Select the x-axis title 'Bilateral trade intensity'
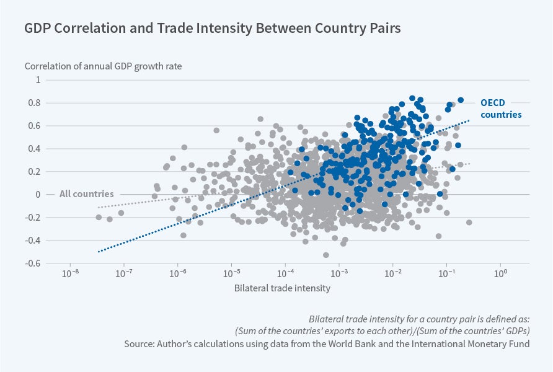282,288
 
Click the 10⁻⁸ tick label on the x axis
70,273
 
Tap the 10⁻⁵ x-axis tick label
231,273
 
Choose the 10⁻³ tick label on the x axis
339,273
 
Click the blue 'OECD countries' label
501,108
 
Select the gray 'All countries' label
86,194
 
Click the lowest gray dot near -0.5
325,255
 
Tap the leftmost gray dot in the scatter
99,217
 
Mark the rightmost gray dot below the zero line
469,222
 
